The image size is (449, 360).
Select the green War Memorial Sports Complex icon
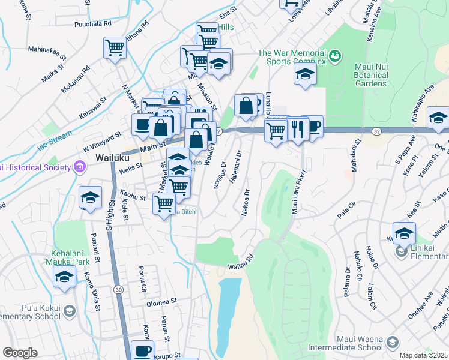tap(335, 57)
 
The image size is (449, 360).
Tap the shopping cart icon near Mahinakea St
tap(114, 47)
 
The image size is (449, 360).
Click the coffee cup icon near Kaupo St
tap(142, 351)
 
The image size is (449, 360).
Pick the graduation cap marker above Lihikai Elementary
tap(404, 232)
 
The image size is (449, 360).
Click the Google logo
tap(20, 353)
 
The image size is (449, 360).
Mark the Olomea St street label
tap(163, 303)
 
